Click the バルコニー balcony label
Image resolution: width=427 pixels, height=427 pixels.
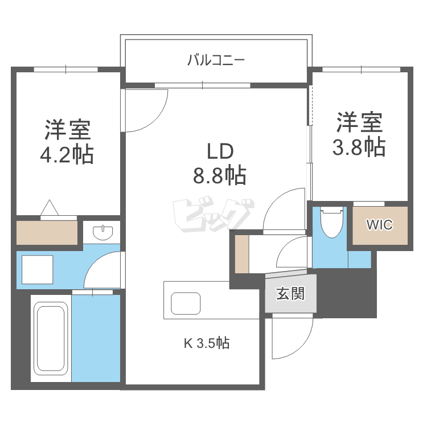click(216, 59)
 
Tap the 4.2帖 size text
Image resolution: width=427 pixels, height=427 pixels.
click(67, 154)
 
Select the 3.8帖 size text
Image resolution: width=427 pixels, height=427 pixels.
click(359, 146)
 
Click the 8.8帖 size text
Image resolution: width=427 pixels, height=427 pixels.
click(219, 175)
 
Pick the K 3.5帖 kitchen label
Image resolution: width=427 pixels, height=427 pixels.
click(206, 343)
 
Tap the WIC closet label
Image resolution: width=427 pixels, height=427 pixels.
click(379, 225)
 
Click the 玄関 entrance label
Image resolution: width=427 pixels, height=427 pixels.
click(290, 294)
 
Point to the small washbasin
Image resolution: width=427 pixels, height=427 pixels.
click(102, 231)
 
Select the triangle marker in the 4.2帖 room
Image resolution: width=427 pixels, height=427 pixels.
click(50, 208)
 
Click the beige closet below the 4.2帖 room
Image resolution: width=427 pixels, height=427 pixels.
click(47, 232)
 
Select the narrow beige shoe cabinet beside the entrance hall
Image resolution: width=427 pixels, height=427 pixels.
click(242, 253)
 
